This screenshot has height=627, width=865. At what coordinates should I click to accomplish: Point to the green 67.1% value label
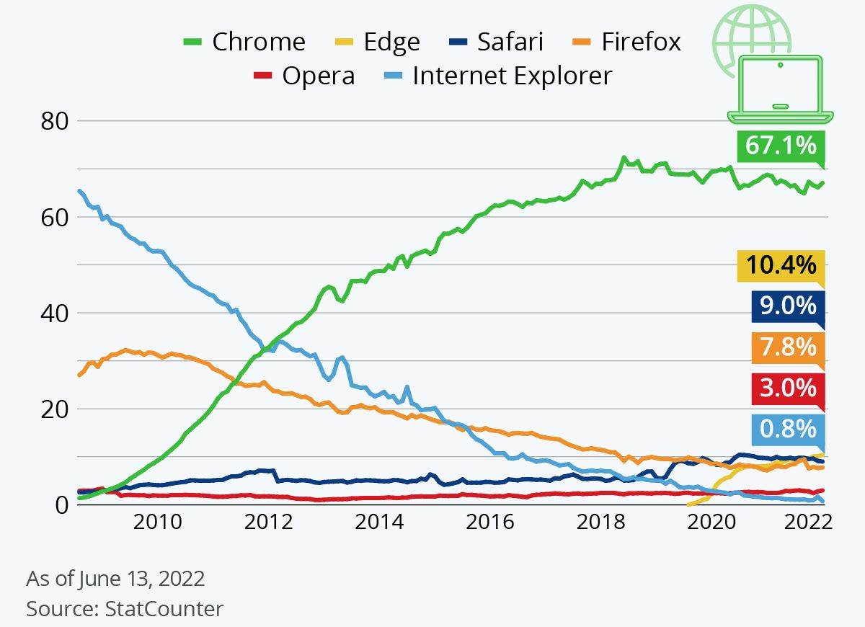click(x=780, y=146)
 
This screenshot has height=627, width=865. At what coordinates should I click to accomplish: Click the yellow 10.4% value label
click(x=780, y=265)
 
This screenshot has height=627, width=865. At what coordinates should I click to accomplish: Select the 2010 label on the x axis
click(x=156, y=522)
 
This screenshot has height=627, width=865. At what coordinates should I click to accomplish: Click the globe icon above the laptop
click(x=752, y=36)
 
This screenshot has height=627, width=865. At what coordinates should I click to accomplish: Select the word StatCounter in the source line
click(x=164, y=608)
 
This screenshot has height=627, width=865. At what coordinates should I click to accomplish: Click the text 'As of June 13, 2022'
click(x=115, y=579)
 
